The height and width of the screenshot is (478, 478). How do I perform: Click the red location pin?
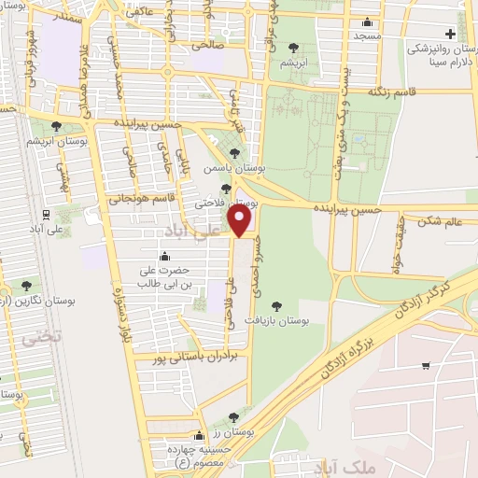tap(241, 221)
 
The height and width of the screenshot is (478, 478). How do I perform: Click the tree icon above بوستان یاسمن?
tap(234, 154)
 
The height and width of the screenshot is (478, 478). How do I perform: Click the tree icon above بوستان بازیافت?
tap(275, 305)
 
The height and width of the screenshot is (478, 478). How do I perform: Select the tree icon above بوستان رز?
tap(232, 416)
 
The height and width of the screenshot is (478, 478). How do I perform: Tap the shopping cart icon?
tap(426, 365)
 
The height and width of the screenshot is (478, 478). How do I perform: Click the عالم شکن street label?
tap(442, 221)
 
